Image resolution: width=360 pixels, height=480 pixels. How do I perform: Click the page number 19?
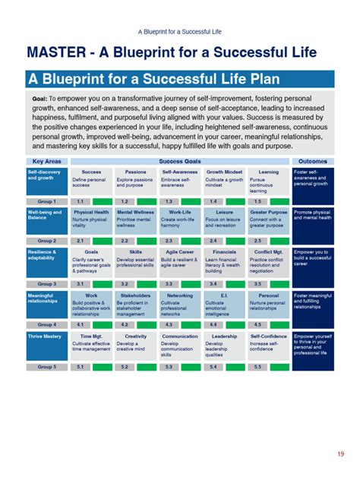[340, 454]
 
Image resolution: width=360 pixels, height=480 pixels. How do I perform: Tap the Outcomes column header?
[312, 162]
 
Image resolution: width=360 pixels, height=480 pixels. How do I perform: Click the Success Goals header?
[180, 162]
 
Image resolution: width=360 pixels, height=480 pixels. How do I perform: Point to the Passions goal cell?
[136, 181]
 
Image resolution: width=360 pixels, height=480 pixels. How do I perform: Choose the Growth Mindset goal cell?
[224, 181]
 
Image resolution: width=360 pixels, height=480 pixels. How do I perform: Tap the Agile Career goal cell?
[180, 261]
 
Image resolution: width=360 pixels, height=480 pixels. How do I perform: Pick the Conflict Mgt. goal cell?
[268, 261]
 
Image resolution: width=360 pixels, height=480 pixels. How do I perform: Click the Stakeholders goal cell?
[136, 304]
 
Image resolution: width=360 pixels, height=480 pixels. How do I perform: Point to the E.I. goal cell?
[224, 304]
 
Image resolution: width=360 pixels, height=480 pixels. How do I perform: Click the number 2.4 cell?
[213, 241]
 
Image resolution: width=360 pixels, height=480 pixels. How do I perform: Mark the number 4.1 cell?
[80, 324]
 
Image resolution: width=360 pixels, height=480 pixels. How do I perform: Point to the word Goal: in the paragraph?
[40, 99]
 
